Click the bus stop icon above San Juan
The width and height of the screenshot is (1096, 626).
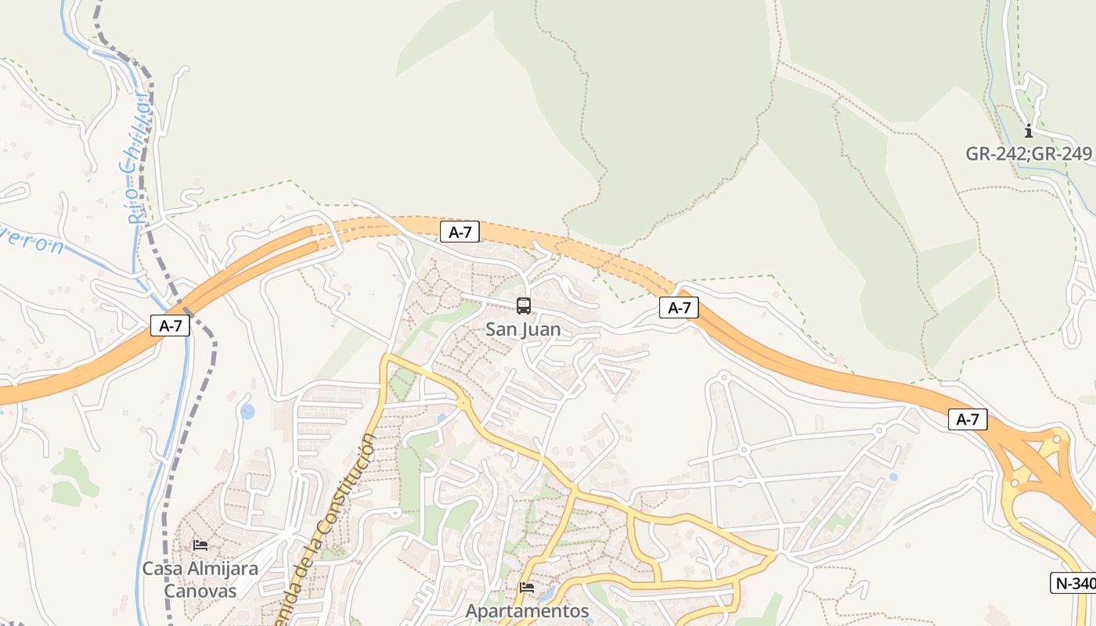(524, 306)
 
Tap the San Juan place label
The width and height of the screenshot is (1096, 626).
(523, 329)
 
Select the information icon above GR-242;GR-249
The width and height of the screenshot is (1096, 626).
(1029, 131)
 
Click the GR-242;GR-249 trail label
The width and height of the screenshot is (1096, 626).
(1028, 153)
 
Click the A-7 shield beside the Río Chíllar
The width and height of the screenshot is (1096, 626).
(170, 326)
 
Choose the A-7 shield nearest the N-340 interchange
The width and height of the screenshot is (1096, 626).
(968, 419)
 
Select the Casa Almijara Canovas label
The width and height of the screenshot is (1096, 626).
(200, 579)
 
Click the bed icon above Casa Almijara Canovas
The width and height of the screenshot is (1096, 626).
(200, 545)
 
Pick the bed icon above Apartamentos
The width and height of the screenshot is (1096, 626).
(527, 588)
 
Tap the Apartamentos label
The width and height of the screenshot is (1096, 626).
(527, 611)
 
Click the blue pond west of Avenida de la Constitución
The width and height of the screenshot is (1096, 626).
(247, 412)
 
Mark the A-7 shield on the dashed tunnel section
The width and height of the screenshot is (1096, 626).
(460, 232)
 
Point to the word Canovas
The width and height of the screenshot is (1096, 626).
(200, 590)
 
